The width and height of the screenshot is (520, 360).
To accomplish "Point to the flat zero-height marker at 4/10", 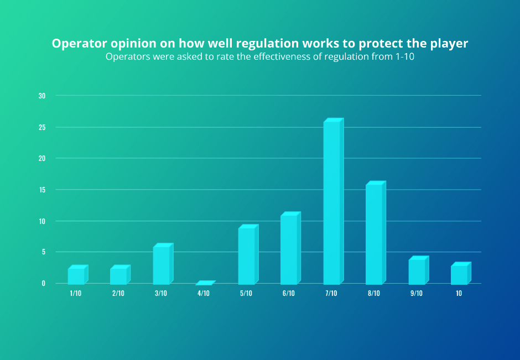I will [x=204, y=283].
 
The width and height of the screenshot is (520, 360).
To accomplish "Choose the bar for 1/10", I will [x=76, y=275].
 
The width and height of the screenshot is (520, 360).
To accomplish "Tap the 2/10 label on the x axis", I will [x=118, y=294].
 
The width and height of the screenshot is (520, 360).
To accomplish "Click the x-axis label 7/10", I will [x=331, y=294].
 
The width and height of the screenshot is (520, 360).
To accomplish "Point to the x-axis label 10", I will [x=459, y=294].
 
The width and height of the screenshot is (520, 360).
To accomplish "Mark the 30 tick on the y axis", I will [x=42, y=96].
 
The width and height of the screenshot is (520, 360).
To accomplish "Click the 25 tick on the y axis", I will [x=42, y=127].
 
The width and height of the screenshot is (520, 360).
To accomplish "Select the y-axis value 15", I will [x=42, y=190].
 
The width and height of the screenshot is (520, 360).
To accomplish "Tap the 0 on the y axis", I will [x=43, y=283].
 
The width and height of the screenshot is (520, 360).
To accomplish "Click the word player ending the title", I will [x=450, y=44].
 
